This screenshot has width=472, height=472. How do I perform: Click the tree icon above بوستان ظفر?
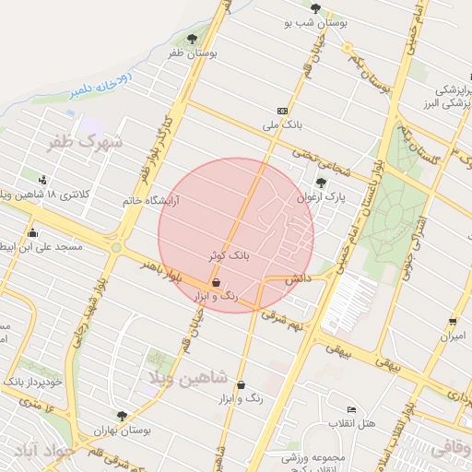point(191,40)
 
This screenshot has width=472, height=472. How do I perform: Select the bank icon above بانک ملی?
point(281,111)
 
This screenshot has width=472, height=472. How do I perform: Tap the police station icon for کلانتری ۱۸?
point(42,179)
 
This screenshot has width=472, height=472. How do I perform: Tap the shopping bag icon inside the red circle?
point(216,282)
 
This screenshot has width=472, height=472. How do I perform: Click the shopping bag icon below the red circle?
point(241,385)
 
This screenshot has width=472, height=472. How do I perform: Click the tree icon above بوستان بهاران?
point(122,416)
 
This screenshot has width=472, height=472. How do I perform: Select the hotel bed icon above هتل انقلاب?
point(350,409)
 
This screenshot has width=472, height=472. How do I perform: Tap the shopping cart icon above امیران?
point(453,322)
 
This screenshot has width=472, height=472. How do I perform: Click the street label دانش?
point(296,277)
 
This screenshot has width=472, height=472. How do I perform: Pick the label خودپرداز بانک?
point(31,381)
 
